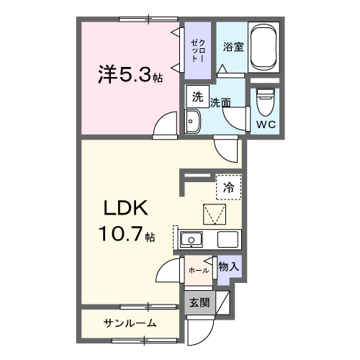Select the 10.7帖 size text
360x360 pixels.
click(x=122, y=234)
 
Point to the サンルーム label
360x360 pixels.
click(x=129, y=323)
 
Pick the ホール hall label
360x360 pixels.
click(x=198, y=270)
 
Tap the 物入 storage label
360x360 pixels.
click(x=228, y=267)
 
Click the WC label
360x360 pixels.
click(x=266, y=123)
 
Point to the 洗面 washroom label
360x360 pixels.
click(x=220, y=103)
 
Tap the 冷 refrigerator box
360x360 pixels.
click(x=228, y=186)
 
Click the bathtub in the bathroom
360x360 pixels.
click(x=267, y=48)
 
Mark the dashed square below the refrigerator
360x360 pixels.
click(x=215, y=215)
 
